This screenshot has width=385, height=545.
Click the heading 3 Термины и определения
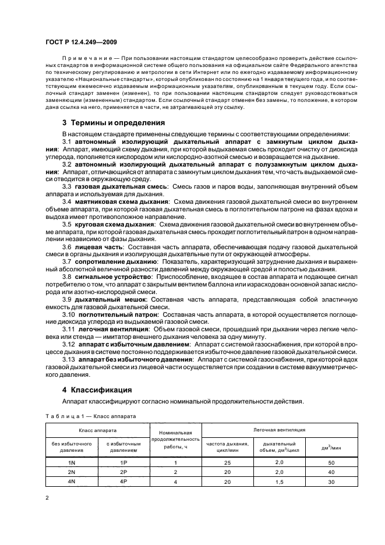point(114,123)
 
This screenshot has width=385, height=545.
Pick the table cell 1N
point(72,462)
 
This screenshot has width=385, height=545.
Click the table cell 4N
point(72,482)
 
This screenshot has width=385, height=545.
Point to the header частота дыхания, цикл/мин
point(227,447)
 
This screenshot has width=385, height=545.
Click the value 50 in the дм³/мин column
point(331,462)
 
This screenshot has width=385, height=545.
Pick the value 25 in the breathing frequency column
point(227,462)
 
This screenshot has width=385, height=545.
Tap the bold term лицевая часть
point(99,247)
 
